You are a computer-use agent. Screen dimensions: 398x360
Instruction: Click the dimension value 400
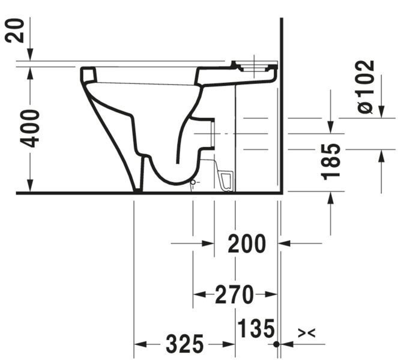pos(30,128)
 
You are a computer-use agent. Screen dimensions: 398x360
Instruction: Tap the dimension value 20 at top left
pos(14,31)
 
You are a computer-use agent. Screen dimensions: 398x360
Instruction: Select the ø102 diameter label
pos(366,87)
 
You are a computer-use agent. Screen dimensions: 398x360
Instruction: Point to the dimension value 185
pos(331,162)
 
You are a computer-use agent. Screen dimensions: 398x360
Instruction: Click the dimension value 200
pos(247,244)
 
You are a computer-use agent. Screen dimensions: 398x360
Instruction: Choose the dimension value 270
pos(234,295)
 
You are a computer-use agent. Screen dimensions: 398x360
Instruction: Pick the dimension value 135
pos(256,328)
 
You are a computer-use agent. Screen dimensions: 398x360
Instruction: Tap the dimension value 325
pos(184,344)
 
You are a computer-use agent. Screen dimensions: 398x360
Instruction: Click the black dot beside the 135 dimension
pos(277,344)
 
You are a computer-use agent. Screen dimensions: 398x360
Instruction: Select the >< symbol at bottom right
pos(306,333)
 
